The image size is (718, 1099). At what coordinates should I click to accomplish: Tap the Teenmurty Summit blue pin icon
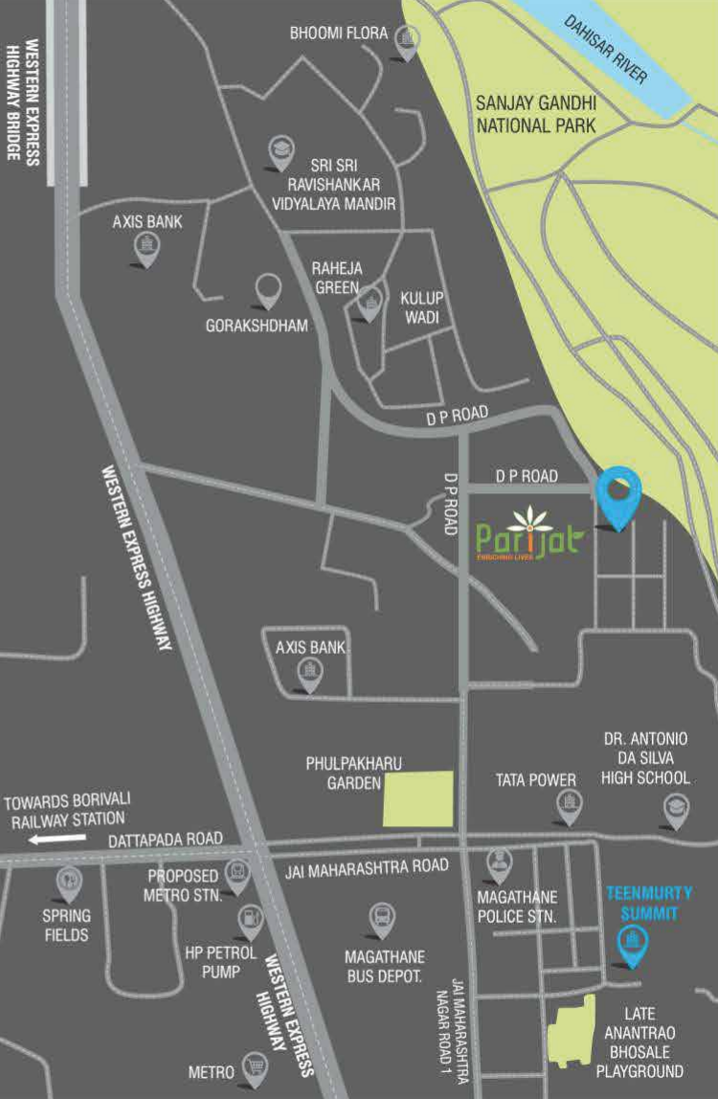[x=631, y=944]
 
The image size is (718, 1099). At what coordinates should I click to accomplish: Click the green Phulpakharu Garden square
[x=418, y=798]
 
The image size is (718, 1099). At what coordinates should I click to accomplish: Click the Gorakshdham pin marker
[x=268, y=289]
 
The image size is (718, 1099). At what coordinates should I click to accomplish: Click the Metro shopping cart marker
[x=255, y=1066]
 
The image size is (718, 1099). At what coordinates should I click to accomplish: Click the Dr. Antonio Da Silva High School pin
[x=677, y=810]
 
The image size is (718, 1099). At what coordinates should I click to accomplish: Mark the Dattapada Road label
[x=166, y=839]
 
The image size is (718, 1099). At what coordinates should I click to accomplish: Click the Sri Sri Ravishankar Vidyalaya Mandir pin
[x=280, y=150]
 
